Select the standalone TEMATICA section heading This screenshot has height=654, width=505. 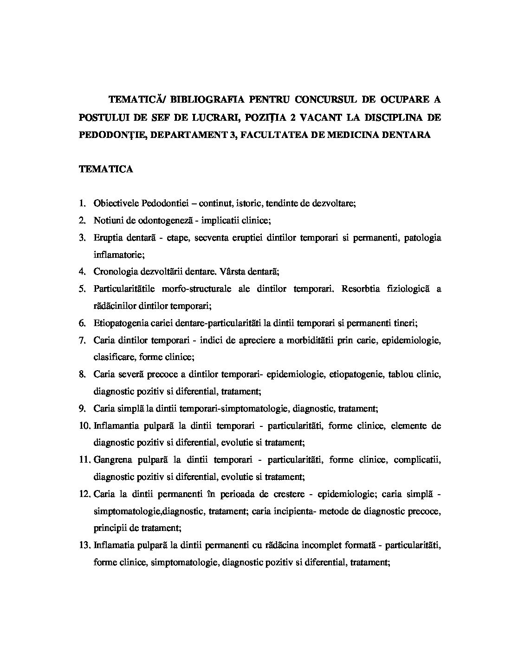pos(106,169)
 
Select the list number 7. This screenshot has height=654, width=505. pos(83,340)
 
